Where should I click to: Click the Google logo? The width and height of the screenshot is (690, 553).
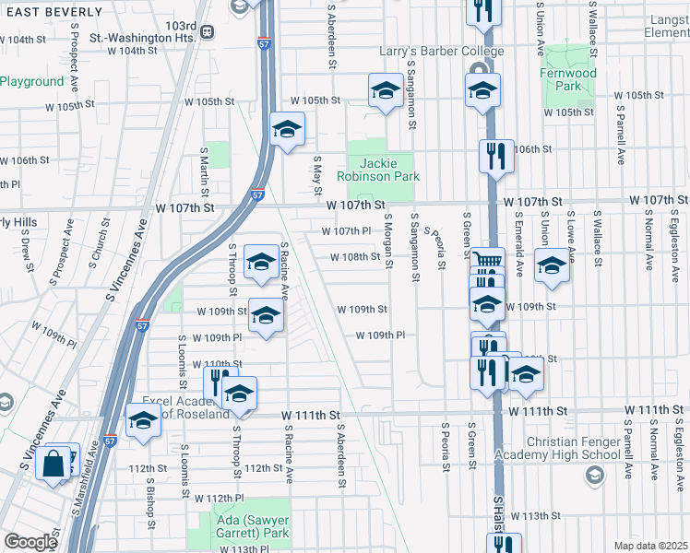[30, 541]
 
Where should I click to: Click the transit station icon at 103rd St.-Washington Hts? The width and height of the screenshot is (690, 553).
[207, 32]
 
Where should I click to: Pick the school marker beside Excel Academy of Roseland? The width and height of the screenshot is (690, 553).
[143, 422]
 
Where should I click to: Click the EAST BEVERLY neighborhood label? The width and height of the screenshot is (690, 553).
[52, 11]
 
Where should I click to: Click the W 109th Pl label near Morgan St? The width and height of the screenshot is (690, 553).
[380, 335]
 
